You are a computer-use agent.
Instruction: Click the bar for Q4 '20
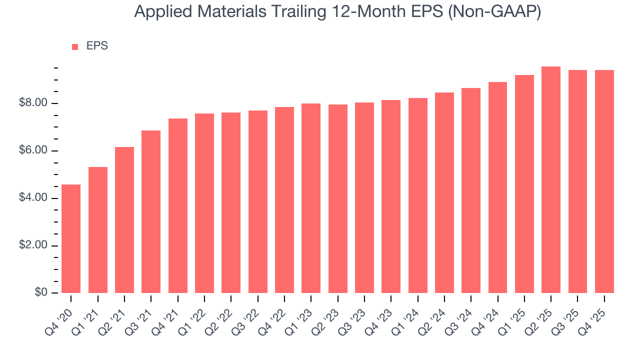71,238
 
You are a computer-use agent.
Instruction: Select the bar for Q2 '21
124,220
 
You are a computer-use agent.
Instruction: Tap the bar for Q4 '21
178,205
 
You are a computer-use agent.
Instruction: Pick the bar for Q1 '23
311,198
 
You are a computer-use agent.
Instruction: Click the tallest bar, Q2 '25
551,179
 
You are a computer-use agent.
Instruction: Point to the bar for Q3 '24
471,190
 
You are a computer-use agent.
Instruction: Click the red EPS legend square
75,46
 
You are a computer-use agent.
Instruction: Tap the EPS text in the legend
97,46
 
